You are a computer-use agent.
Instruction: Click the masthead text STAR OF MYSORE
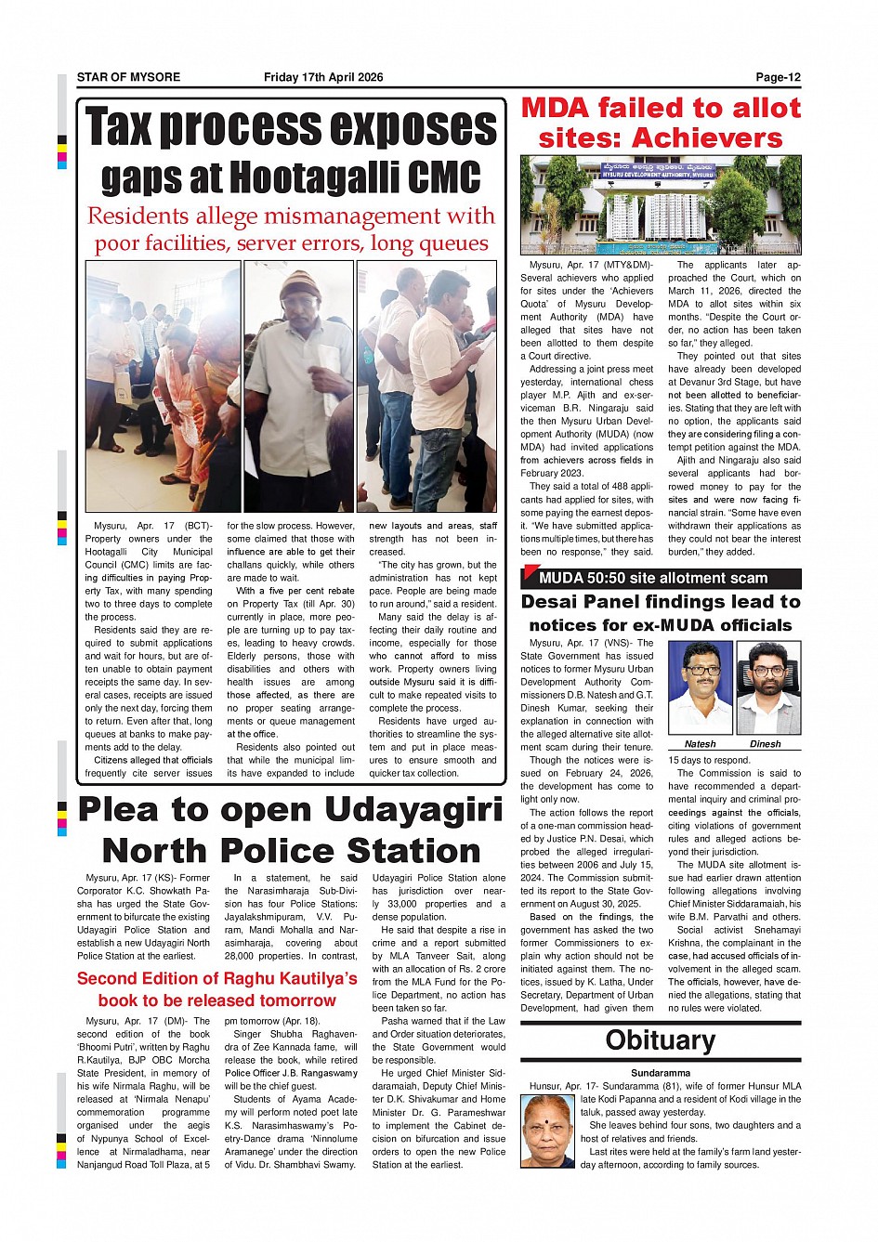(x=128, y=77)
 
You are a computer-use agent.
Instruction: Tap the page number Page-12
(x=778, y=77)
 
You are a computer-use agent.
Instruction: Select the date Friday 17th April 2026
(x=323, y=77)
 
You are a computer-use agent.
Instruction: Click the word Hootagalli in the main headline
(x=328, y=177)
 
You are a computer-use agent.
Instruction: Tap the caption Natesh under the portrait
(x=700, y=744)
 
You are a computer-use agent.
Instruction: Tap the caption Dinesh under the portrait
(x=766, y=744)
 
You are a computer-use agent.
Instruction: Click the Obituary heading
(x=660, y=1040)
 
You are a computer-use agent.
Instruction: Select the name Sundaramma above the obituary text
(x=661, y=1073)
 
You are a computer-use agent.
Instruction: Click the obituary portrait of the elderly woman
(x=548, y=1131)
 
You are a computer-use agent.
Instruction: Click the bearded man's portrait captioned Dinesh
(x=767, y=687)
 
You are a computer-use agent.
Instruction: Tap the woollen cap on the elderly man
(x=299, y=281)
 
